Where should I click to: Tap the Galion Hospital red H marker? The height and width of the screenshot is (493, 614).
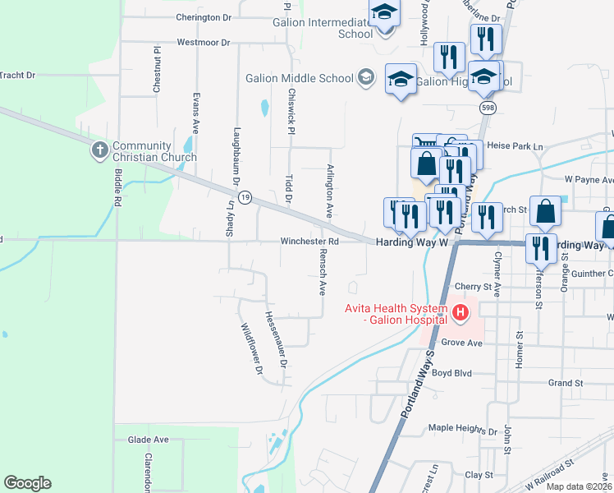(460, 312)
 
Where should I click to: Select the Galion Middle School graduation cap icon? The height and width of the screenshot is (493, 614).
(365, 79)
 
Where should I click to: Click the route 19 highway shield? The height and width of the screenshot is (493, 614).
(245, 197)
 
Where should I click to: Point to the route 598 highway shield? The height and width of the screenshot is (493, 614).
(488, 108)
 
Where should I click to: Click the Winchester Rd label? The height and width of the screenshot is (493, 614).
(309, 242)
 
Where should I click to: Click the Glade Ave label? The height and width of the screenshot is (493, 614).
(148, 440)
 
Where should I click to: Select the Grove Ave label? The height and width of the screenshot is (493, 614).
(460, 341)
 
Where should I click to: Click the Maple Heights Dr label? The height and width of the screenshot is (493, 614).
(464, 430)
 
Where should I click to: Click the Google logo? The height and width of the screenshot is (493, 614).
(27, 483)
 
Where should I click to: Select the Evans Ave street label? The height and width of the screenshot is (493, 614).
(196, 113)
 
